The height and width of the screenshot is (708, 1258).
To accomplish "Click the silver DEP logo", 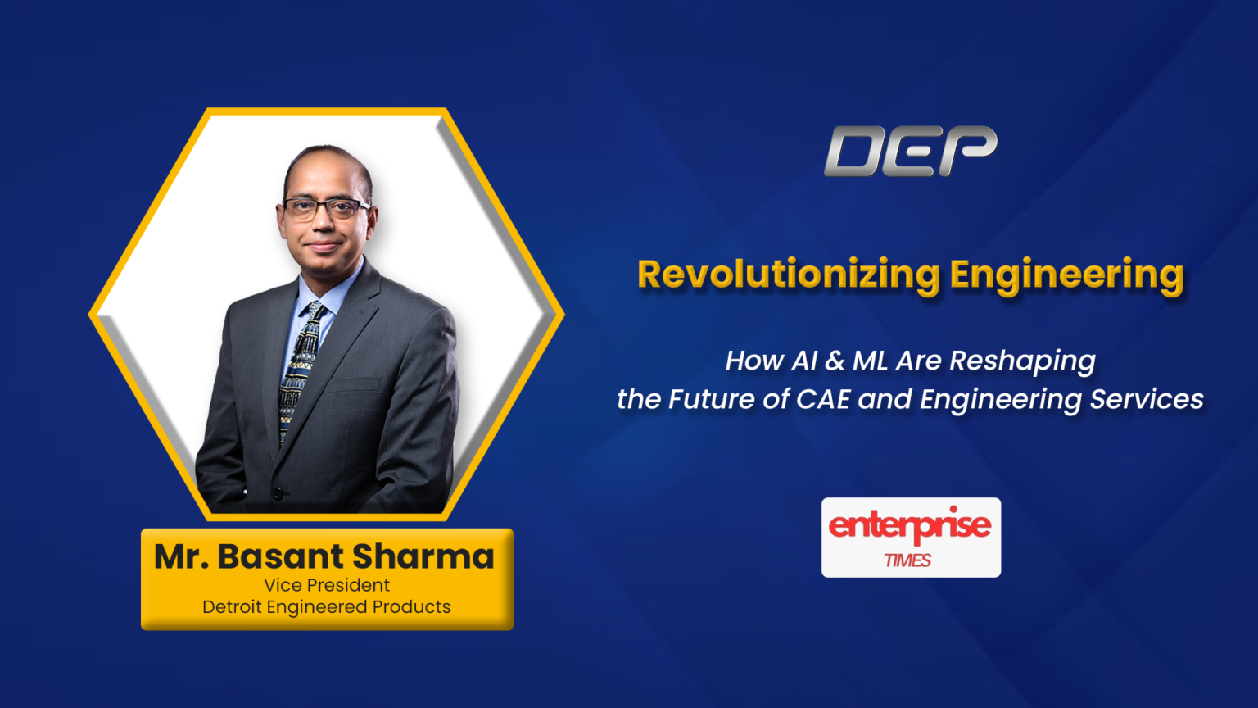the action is point(911,151).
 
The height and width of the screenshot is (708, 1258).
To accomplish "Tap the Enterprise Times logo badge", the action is point(911,538).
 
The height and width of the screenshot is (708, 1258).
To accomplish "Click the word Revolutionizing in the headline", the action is point(789,275).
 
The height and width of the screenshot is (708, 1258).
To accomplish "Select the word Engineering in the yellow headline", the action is point(1066,276).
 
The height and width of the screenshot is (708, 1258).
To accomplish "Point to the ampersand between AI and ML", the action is point(835,361).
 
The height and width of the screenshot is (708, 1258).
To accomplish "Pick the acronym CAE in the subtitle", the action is point(823,400).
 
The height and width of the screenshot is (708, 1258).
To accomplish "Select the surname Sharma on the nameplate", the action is point(423,556).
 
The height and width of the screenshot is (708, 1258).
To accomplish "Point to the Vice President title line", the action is point(326,586).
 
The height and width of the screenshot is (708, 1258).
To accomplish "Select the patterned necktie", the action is point(300,371).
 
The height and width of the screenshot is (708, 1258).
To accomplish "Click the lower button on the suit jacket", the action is point(278,494).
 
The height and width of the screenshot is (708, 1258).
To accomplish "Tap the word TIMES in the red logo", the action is point(907,560).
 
